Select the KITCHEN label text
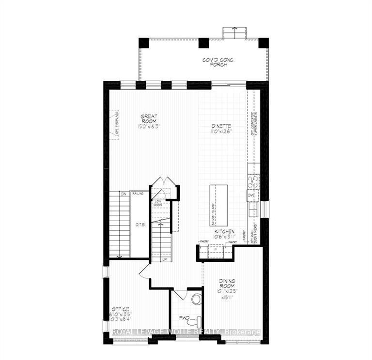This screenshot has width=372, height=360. (225, 232)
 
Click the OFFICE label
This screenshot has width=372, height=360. (120, 309)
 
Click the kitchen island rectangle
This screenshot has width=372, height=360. (217, 205)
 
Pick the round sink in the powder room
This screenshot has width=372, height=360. (197, 299)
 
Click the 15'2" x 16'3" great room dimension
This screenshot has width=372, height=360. (150, 126)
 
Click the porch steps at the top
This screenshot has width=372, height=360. (234, 32)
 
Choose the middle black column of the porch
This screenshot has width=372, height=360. (204, 43)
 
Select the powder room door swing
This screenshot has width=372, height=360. (180, 294)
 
